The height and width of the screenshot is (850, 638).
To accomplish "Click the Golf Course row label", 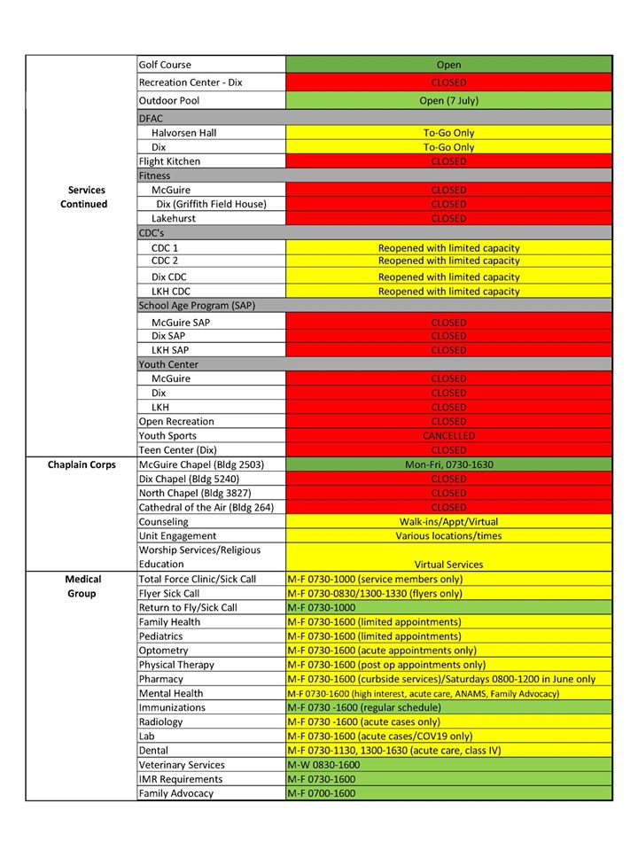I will [x=165, y=65].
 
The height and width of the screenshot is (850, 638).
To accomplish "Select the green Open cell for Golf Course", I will [x=448, y=65].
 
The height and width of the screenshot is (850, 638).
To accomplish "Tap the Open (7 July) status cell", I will [x=448, y=100].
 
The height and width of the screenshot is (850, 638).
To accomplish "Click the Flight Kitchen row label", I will [x=169, y=161].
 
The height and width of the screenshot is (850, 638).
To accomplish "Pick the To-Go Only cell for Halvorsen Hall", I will [x=448, y=133].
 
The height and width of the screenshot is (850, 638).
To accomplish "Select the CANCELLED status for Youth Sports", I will [x=448, y=436].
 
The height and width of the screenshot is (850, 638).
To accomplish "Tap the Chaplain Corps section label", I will [x=82, y=464].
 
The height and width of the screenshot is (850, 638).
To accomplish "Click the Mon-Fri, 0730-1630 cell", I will [x=448, y=464].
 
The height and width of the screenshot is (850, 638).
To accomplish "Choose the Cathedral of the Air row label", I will [x=206, y=507].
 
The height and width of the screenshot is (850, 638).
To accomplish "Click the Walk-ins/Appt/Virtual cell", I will [x=448, y=522].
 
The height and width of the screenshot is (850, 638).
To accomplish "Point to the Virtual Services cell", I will [x=448, y=565].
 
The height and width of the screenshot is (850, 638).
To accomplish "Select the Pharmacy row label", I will [x=161, y=679].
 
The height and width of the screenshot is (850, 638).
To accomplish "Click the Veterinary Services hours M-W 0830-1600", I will [x=323, y=765].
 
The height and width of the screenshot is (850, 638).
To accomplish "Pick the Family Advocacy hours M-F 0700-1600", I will [x=321, y=793].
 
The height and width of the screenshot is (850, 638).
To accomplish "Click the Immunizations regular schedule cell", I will [x=364, y=707].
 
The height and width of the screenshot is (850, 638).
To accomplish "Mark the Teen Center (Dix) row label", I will [x=178, y=450].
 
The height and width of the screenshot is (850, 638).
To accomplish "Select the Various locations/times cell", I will [x=448, y=536].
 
